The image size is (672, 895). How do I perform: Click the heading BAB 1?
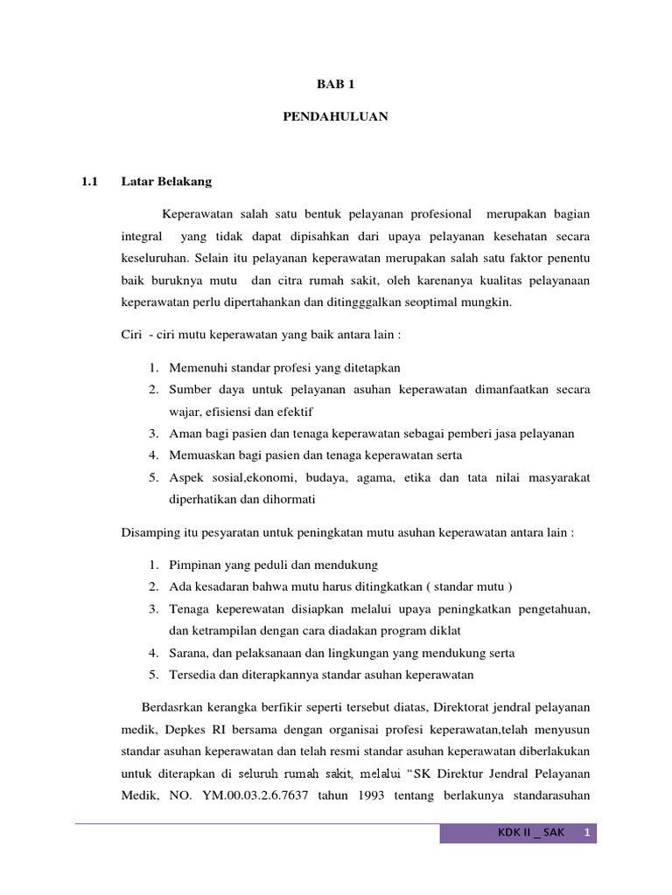pyautogui.click(x=335, y=85)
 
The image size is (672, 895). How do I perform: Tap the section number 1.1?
pyautogui.click(x=87, y=183)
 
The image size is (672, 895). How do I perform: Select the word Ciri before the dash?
pyautogui.click(x=130, y=336)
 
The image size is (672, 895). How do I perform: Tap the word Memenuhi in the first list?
pyautogui.click(x=197, y=368)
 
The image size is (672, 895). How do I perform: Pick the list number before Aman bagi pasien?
pyautogui.click(x=152, y=434)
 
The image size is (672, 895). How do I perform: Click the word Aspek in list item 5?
pyautogui.click(x=186, y=477)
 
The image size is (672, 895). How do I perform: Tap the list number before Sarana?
pyautogui.click(x=152, y=653)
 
